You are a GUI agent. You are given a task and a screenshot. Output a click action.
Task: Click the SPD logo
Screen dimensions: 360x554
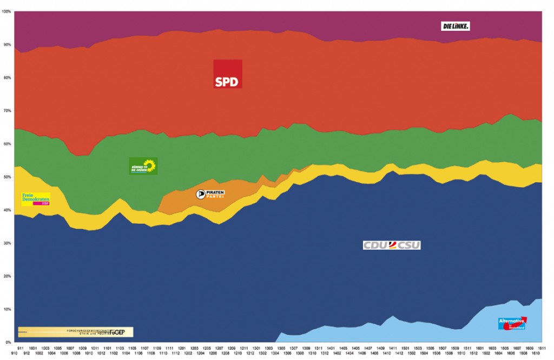pyautogui.click(x=228, y=74)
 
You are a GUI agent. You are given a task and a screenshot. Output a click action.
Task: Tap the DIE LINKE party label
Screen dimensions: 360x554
pyautogui.click(x=455, y=26)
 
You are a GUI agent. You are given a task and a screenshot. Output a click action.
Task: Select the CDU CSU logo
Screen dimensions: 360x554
pyautogui.click(x=391, y=245)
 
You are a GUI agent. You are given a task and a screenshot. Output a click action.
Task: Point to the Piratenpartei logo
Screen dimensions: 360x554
pyautogui.click(x=210, y=195)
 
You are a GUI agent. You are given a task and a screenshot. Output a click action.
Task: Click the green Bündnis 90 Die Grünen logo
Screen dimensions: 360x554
pyautogui.click(x=143, y=166)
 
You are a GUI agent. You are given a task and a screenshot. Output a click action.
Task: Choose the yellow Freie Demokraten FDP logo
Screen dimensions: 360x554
pyautogui.click(x=36, y=199)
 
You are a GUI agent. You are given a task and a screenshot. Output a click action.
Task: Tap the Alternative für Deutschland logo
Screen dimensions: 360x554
pyautogui.click(x=512, y=323)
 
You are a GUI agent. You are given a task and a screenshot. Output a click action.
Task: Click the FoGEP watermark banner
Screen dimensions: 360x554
pyautogui.click(x=75, y=332)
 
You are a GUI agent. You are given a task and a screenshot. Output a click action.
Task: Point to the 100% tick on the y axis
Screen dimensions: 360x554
pyautogui.click(x=6, y=11)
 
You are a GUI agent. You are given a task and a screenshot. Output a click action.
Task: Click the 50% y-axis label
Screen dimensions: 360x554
pyautogui.click(x=6, y=177)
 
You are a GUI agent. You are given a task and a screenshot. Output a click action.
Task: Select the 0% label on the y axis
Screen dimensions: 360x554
pyautogui.click(x=8, y=343)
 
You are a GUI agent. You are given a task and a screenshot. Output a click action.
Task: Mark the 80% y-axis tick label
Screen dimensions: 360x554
pyautogui.click(x=6, y=78)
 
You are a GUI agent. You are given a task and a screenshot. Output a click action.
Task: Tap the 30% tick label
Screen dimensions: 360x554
pyautogui.click(x=6, y=243)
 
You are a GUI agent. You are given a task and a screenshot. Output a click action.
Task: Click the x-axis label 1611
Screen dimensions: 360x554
pyautogui.click(x=541, y=348)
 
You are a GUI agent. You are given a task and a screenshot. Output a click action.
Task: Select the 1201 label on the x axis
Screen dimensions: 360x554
pyautogui.click(x=182, y=348)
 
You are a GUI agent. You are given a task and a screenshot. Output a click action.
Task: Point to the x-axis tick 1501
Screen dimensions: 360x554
pyautogui.click(x=405, y=348)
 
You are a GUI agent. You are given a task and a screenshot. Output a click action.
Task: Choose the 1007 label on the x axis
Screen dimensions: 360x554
pyautogui.click(x=70, y=348)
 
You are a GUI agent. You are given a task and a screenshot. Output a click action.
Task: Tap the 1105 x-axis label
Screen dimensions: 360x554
pyautogui.click(x=132, y=348)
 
